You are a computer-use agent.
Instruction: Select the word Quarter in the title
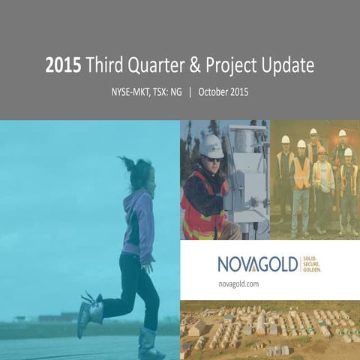(x=154, y=66)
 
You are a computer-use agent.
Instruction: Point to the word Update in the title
(x=286, y=66)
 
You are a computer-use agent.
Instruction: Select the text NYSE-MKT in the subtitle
(x=129, y=93)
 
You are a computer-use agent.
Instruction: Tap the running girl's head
(x=139, y=174)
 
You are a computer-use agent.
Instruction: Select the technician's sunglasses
(x=214, y=159)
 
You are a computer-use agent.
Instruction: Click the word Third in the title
(x=105, y=66)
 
